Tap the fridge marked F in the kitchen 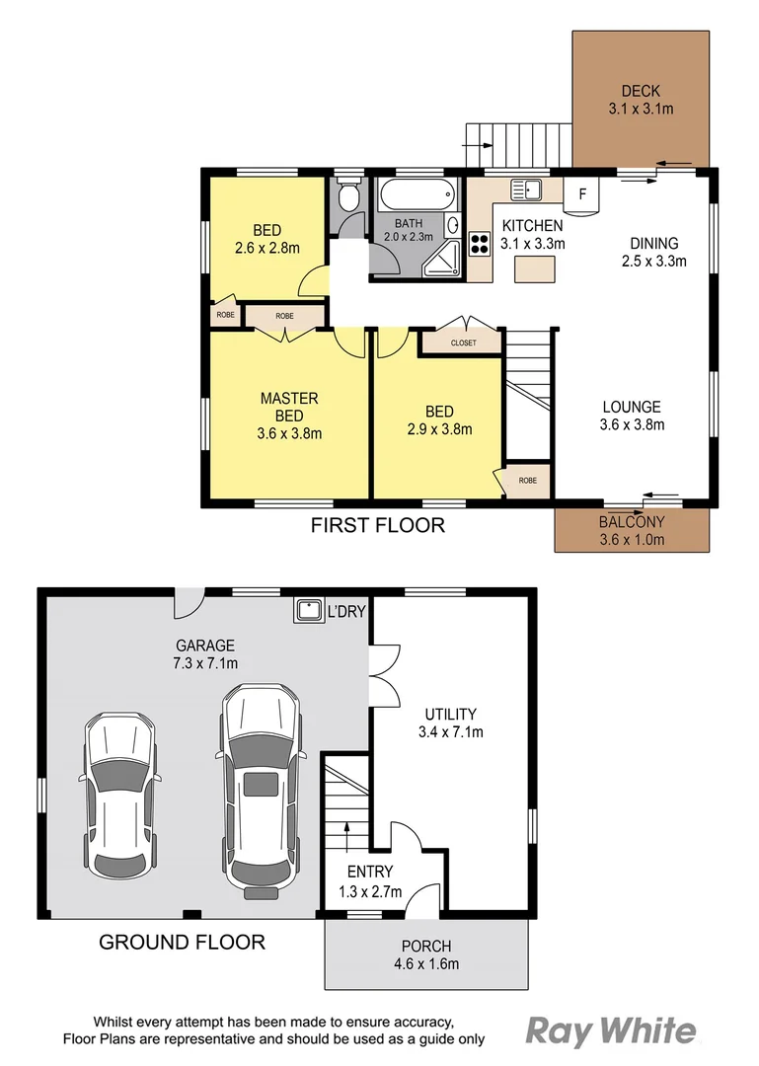coord(581,194)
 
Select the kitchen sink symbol coord(525,189)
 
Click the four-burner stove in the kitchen coord(481,244)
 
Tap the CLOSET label coord(463,343)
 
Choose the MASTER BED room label coord(288,398)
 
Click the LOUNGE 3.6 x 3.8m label coord(632,415)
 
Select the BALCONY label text coord(632,522)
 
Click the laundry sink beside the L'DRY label coord(309,610)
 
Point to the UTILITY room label coord(450,714)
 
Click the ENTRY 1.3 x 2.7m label coord(370,879)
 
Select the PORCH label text coord(425,946)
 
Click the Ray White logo coord(610,1031)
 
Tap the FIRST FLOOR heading coord(377,525)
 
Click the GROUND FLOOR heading coord(182,942)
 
